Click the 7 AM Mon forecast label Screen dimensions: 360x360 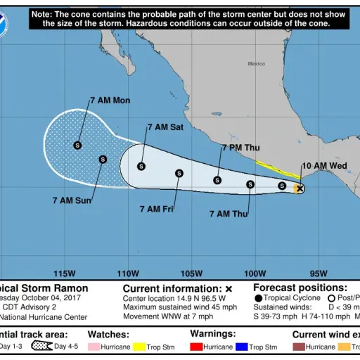[110, 101]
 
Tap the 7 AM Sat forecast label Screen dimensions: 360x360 [167, 127]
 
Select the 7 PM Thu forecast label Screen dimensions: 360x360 [240, 148]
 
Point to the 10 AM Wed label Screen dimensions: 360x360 [325, 166]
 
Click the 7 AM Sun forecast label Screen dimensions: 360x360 [72, 200]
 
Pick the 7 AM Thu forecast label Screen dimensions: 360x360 [229, 213]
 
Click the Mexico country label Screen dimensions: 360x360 [256, 64]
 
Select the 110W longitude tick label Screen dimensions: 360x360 [127, 274]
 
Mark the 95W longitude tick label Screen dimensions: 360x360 [318, 274]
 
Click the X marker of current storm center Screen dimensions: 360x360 [300, 188]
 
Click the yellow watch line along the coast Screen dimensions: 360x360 [276, 169]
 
